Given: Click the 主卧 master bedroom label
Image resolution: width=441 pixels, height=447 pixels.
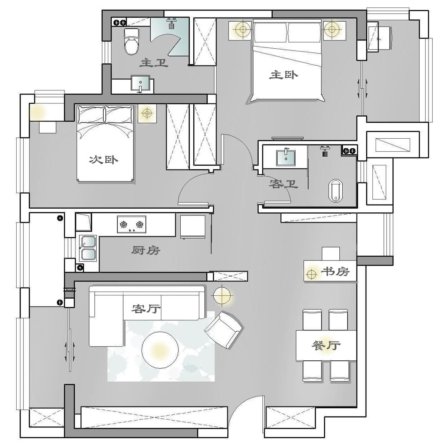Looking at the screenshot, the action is pyautogui.click(x=284, y=75).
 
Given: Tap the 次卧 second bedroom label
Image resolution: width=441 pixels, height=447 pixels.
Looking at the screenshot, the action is pyautogui.click(x=103, y=160).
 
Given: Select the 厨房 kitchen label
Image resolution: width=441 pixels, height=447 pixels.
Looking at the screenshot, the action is pyautogui.click(x=146, y=250).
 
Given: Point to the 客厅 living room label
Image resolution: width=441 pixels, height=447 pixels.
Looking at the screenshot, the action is pyautogui.click(x=146, y=308).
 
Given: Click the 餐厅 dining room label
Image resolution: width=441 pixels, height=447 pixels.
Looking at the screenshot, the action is pyautogui.click(x=326, y=345).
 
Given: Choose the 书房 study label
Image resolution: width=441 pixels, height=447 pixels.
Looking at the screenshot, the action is pyautogui.click(x=335, y=271).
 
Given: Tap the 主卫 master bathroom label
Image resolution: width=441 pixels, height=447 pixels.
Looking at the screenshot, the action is pyautogui.click(x=154, y=62).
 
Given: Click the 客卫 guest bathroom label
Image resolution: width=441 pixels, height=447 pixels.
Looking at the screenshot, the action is pyautogui.click(x=284, y=184).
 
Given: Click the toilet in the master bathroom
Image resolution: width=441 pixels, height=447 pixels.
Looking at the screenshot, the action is pyautogui.click(x=132, y=42).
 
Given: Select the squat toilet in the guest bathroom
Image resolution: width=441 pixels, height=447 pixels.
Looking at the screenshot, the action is pyautogui.click(x=336, y=191).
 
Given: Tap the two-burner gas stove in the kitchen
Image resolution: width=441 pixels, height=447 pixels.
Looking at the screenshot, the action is pyautogui.click(x=132, y=225).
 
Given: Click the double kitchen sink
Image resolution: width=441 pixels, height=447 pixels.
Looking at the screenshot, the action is pyautogui.click(x=88, y=248).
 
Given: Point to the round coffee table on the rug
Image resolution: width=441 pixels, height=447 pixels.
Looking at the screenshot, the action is pyautogui.click(x=160, y=350).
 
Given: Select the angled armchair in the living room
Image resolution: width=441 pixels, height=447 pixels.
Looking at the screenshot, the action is pyautogui.click(x=224, y=330).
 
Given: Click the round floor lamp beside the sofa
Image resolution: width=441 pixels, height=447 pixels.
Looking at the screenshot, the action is pyautogui.click(x=222, y=295).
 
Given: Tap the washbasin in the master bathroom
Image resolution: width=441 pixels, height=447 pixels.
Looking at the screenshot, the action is pyautogui.click(x=140, y=84).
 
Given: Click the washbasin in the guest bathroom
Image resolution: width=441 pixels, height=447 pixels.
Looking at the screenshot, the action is pyautogui.click(x=286, y=157).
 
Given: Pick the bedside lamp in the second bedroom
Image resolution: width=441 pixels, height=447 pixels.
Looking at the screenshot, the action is pyautogui.click(x=147, y=113).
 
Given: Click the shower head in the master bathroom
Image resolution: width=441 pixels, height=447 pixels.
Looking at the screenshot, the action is pyautogui.click(x=172, y=24).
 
